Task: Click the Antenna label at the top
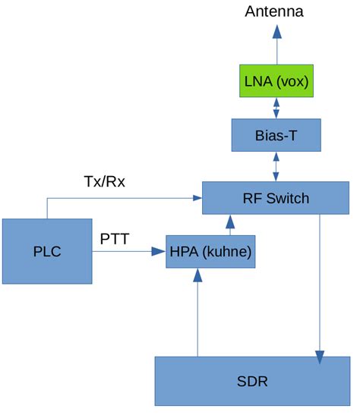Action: coord(275,11)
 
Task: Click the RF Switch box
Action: coord(276,199)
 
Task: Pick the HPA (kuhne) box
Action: coord(210,251)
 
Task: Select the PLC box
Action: coord(47,251)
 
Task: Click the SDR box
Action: coord(252,380)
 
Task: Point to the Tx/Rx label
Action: coord(104,182)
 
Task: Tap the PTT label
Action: coord(115,240)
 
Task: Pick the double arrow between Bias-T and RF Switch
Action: coord(276,167)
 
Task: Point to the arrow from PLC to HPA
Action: coord(129,251)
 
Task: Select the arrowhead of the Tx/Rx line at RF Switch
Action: coord(196,198)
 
